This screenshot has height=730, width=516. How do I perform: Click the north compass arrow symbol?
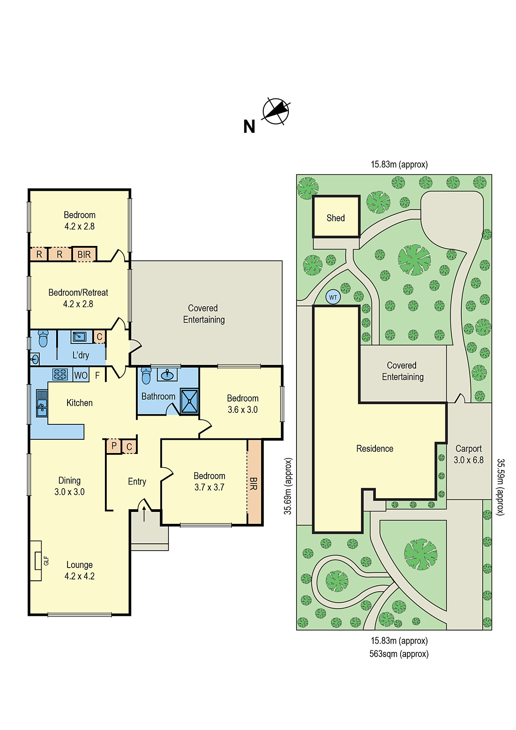[276, 111]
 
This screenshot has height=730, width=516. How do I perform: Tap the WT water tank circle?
[333, 297]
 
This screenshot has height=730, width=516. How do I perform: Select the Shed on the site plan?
[336, 217]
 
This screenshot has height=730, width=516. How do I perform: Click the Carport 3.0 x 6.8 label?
[469, 454]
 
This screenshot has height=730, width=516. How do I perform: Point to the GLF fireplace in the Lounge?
[37, 560]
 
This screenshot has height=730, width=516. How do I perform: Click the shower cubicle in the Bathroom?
[189, 401]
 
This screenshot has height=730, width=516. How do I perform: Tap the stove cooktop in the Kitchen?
[60, 374]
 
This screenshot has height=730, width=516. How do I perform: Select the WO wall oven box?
[81, 375]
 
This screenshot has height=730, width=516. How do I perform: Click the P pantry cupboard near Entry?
[114, 446]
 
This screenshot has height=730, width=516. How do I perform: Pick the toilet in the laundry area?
[43, 339]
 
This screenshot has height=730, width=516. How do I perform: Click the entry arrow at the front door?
[144, 513]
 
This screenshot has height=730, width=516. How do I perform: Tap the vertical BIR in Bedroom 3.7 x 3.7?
[255, 483]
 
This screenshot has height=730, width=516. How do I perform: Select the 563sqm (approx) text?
[399, 654]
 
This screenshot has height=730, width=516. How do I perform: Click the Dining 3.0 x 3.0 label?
[69, 486]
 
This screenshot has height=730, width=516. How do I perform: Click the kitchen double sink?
[42, 403]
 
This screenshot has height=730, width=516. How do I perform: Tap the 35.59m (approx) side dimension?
[500, 487]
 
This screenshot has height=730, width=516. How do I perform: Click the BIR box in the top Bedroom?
[84, 255]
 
